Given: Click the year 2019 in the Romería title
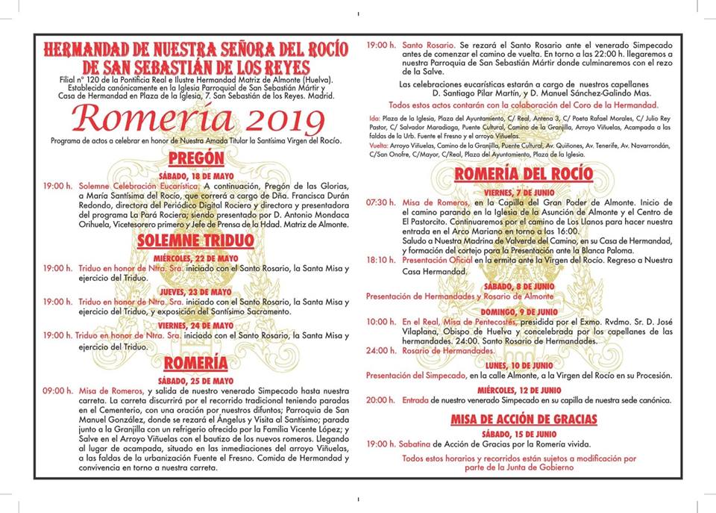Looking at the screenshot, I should tap(285, 119).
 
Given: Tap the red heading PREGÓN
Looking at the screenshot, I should tap(196, 158).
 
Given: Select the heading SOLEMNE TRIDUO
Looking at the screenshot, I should tap(195, 240).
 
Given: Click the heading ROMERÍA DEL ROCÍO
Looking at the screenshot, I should tap(524, 174).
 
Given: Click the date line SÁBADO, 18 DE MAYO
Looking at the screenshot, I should tap(195, 175).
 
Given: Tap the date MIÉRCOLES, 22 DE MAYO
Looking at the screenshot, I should tap(195, 258).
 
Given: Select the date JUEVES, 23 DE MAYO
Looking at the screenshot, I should tap(195, 291).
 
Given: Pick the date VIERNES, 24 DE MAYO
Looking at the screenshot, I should tap(195, 326).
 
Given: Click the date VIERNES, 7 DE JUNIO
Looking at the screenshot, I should tap(524, 192).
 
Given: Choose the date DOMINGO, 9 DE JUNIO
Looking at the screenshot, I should tap(524, 310).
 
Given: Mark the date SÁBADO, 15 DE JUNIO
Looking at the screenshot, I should tap(524, 433).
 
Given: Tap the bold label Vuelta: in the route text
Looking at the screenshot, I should tap(380, 146).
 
